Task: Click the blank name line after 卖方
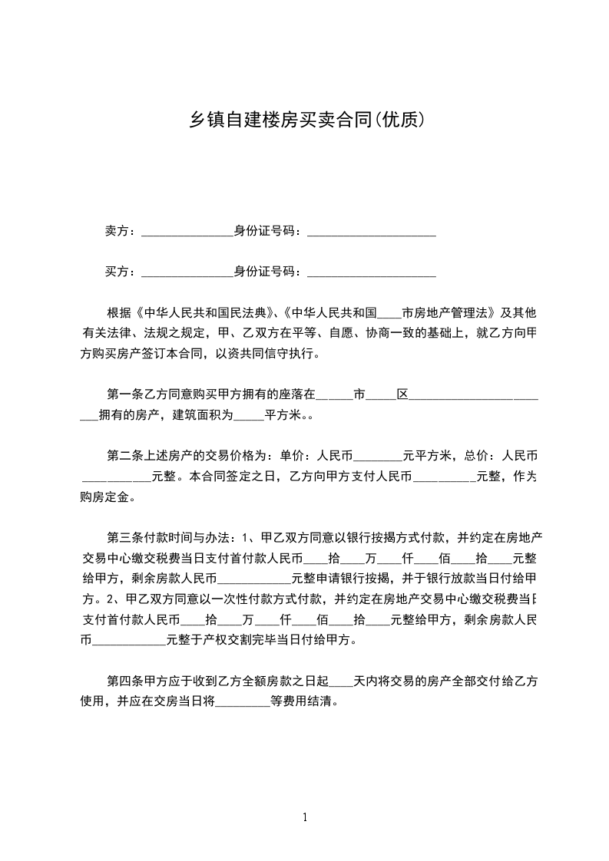(187, 233)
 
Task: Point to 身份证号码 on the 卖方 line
(266, 231)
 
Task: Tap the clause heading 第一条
(124, 395)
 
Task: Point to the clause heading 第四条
(124, 681)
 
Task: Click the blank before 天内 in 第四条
(341, 682)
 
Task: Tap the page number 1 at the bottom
(305, 817)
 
